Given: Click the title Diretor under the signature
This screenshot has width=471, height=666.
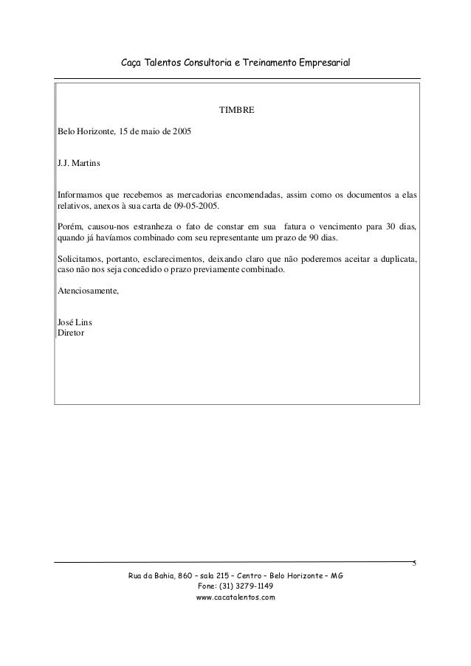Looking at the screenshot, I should [71, 333].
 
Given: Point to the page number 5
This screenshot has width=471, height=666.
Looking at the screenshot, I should [414, 564].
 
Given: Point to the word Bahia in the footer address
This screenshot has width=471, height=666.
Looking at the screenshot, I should [166, 575].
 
